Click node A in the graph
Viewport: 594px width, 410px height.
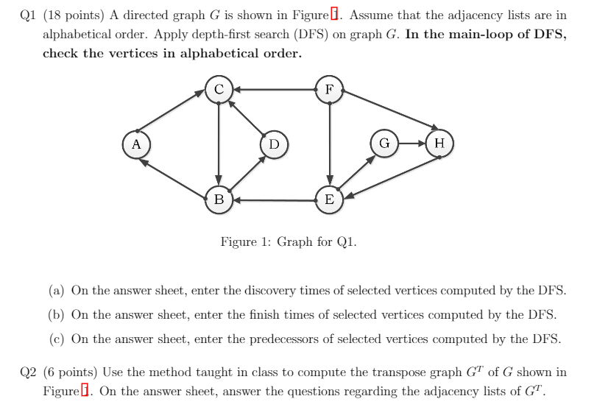click(136, 144)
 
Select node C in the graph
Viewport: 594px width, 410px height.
click(219, 90)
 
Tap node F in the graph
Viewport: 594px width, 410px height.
click(329, 90)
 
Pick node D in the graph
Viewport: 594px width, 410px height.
click(274, 144)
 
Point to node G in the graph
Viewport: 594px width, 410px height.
click(384, 143)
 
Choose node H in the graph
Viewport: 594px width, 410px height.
click(439, 143)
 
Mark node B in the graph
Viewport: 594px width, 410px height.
click(219, 199)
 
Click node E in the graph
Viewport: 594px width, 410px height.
click(329, 199)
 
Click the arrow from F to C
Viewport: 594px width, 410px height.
click(274, 90)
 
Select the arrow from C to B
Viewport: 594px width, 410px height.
click(219, 144)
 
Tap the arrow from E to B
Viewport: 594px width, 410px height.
click(274, 199)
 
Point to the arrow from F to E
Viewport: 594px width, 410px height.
click(329, 144)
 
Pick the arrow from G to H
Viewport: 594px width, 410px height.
click(411, 143)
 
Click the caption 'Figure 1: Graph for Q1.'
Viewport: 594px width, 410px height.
click(289, 241)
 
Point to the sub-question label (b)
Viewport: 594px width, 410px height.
click(57, 315)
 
